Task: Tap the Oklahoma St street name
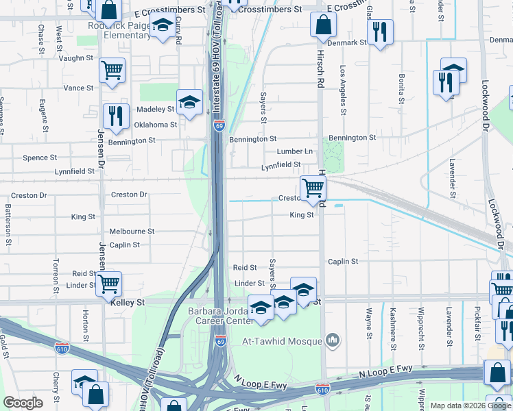[x=155, y=125]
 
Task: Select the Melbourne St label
[x=132, y=232]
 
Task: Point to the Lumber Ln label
[x=294, y=151]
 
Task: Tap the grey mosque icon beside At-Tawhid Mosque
[x=333, y=340]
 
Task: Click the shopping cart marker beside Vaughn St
[x=112, y=70]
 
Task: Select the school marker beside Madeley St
[x=189, y=102]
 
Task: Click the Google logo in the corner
[x=23, y=403]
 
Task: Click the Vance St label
[x=78, y=88]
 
